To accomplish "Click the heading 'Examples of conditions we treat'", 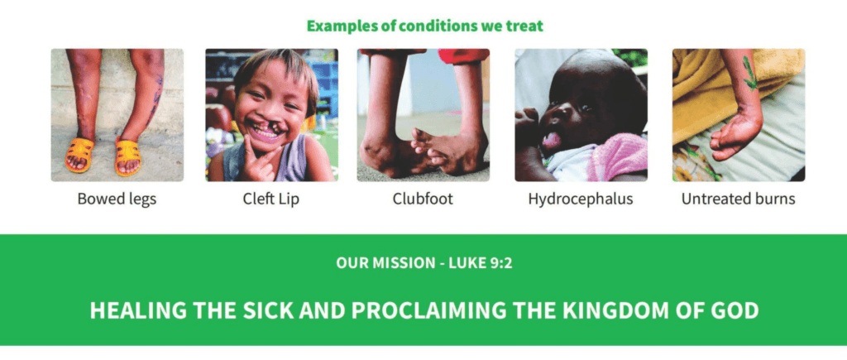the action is coord(424,26).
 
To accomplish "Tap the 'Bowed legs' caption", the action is coord(117,199).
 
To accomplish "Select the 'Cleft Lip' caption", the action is coord(270,199).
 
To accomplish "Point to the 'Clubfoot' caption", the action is coord(423,199).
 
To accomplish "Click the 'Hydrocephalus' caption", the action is coord(580,199).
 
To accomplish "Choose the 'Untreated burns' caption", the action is coord(738,199).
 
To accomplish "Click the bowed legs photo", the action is coord(117,115).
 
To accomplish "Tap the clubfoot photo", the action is coord(423,115).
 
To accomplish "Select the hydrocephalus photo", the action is coord(581,115).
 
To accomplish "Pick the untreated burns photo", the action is coord(739,115).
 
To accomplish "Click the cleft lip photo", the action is coord(271,115).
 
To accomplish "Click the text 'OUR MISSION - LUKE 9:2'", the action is coord(424,263).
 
